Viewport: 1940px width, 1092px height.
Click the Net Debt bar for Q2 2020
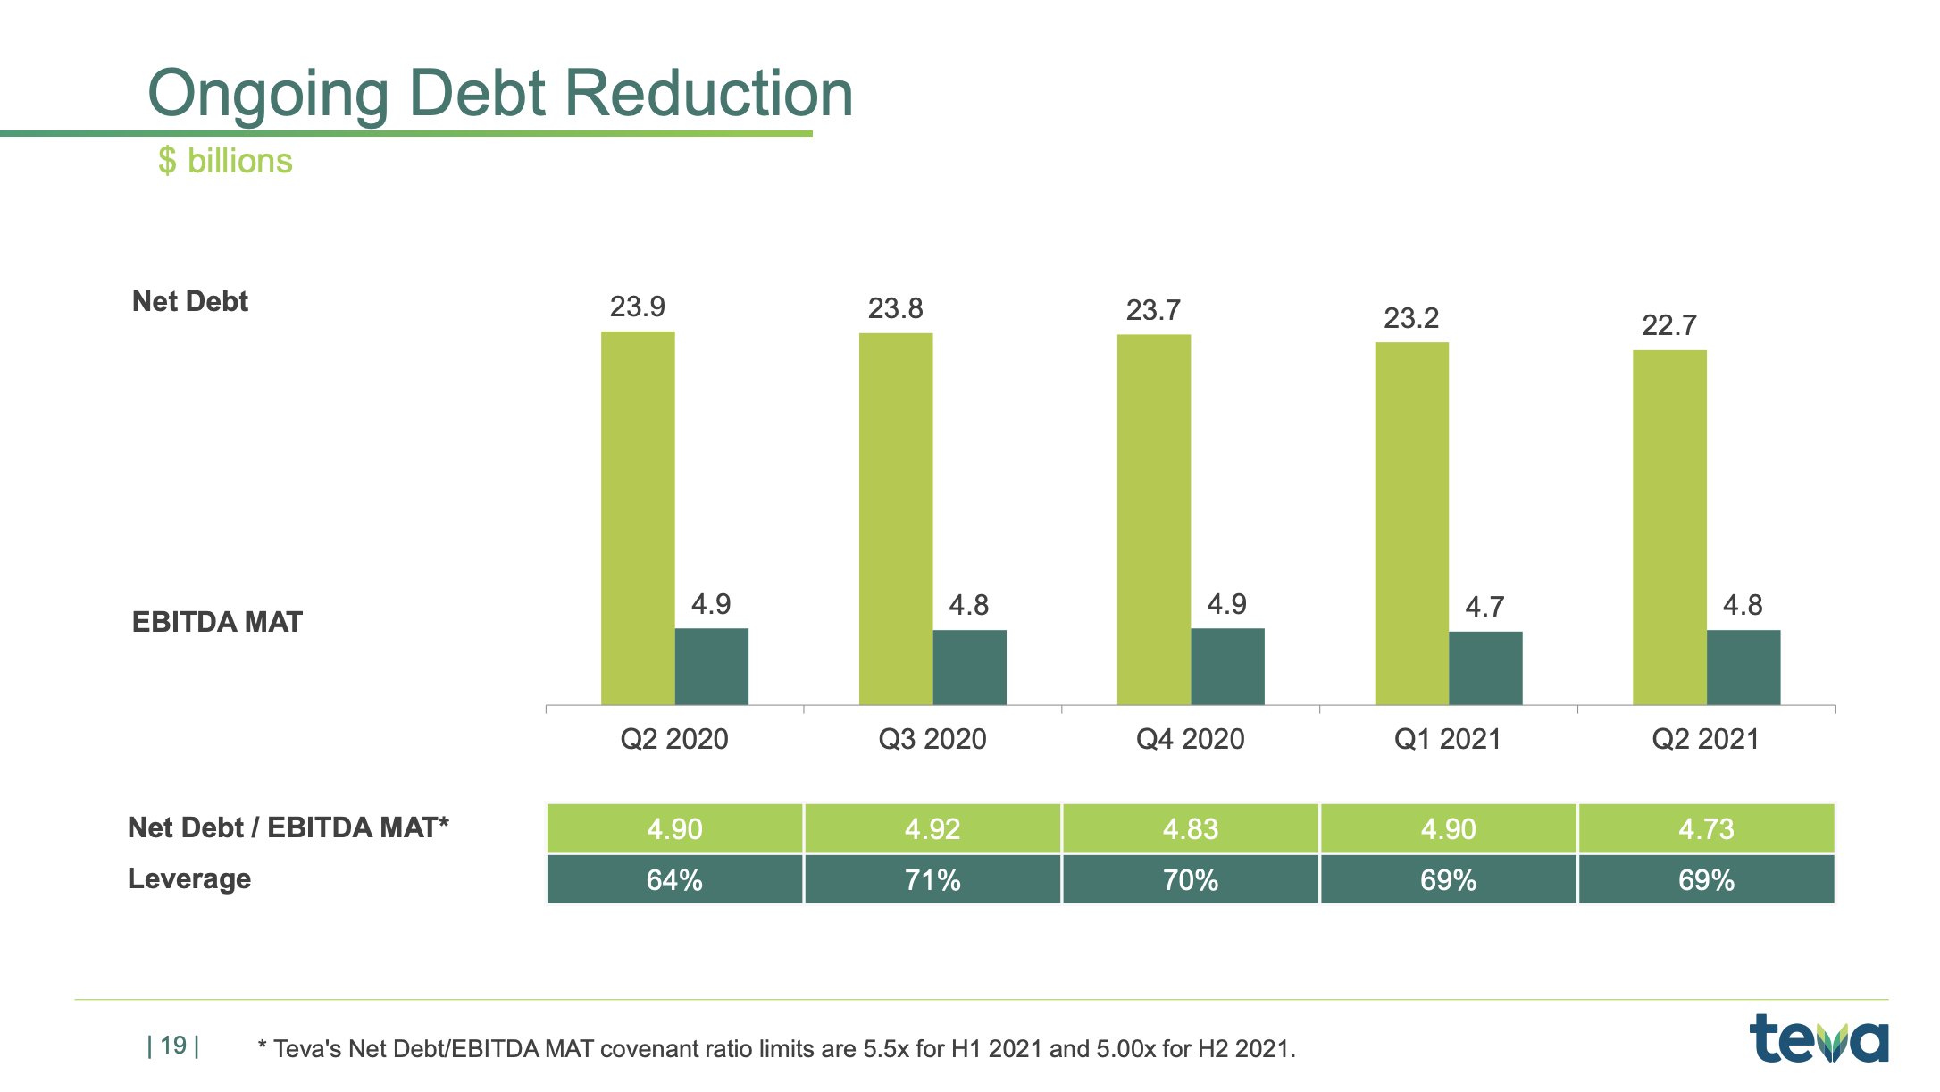(x=638, y=518)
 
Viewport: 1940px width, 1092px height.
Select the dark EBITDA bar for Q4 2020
(x=1227, y=667)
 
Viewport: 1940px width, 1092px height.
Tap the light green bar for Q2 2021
(x=1669, y=527)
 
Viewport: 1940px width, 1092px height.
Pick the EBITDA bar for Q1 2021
(x=1485, y=668)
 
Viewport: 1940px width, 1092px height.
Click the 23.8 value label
(x=895, y=308)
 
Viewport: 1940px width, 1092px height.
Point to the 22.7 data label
(x=1668, y=325)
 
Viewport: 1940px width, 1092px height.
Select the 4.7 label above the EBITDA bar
(x=1484, y=608)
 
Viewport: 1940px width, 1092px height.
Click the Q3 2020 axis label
(x=932, y=739)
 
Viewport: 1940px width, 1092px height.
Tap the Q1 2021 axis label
(x=1448, y=739)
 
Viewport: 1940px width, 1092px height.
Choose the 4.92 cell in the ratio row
(x=932, y=828)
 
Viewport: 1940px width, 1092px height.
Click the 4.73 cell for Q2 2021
(x=1706, y=828)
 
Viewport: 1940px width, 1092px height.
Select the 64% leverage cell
(x=674, y=880)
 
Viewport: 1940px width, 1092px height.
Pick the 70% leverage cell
(x=1190, y=880)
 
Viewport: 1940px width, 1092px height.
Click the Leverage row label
(x=189, y=878)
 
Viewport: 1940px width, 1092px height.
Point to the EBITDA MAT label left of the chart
(x=217, y=622)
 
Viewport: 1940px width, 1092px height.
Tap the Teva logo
(x=1819, y=1038)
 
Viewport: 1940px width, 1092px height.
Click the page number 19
(x=173, y=1046)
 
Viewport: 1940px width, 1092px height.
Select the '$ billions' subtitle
(x=225, y=161)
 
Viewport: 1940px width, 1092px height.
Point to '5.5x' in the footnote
(x=885, y=1049)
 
